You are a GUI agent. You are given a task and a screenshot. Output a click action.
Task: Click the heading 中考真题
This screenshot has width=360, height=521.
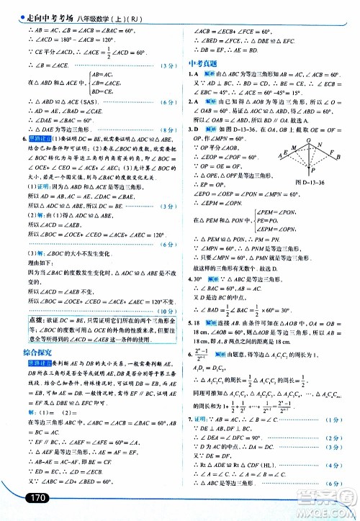pos(202,62)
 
